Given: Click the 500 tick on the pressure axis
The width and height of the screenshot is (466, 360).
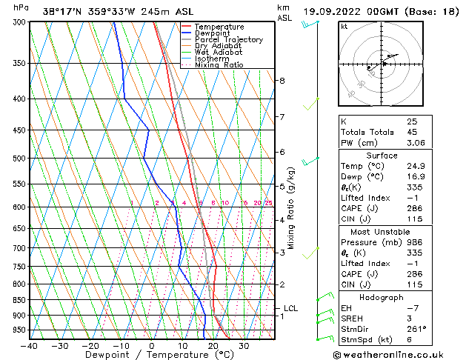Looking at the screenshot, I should click(20, 158).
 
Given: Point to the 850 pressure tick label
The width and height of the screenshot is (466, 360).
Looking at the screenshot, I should click(20, 300).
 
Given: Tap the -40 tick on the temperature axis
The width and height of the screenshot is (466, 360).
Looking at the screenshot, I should click(30, 345).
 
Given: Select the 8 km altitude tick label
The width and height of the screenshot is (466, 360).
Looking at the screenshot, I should click(282, 80).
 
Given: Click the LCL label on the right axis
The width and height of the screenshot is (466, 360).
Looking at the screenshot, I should click(291, 308).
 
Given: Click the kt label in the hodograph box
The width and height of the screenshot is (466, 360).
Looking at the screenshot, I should click(344, 27).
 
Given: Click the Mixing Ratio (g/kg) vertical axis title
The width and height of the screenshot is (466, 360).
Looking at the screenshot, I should click(293, 208).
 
